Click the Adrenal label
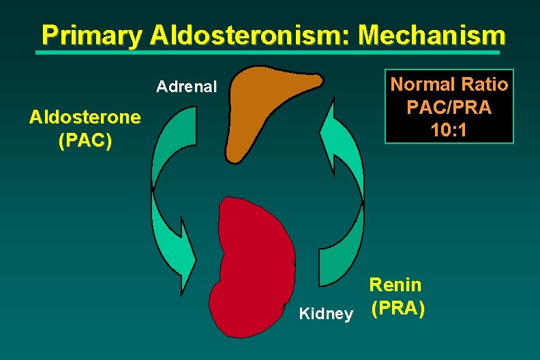(186, 87)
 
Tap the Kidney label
(327, 314)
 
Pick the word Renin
(395, 285)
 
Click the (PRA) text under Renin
(398, 308)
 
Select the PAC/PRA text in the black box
(449, 108)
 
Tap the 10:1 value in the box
(449, 130)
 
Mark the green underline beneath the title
(273, 51)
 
